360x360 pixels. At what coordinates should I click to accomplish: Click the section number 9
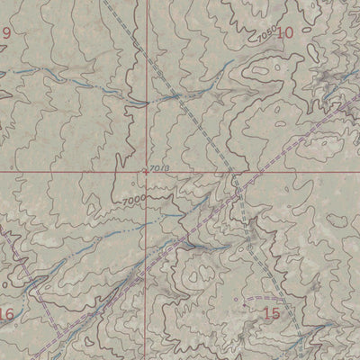(x=6, y=34)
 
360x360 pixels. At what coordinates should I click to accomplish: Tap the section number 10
(x=285, y=33)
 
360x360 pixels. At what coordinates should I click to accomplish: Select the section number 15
(x=271, y=312)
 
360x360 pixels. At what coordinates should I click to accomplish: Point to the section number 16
(x=6, y=313)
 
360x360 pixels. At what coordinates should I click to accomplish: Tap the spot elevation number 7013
(x=160, y=167)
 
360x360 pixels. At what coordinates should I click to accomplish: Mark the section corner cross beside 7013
(x=146, y=169)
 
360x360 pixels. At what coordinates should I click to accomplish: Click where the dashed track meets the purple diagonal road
(x=238, y=189)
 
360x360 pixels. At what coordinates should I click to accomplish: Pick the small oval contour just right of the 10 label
(x=310, y=33)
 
